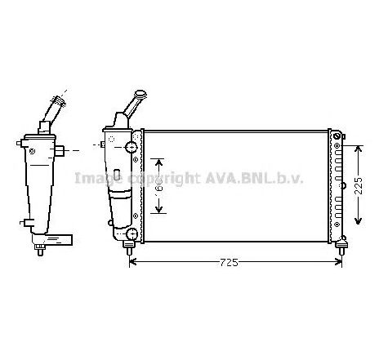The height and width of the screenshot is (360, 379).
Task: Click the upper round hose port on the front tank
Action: click(129, 148)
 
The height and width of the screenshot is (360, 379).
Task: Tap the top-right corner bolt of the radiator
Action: click(338, 134)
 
